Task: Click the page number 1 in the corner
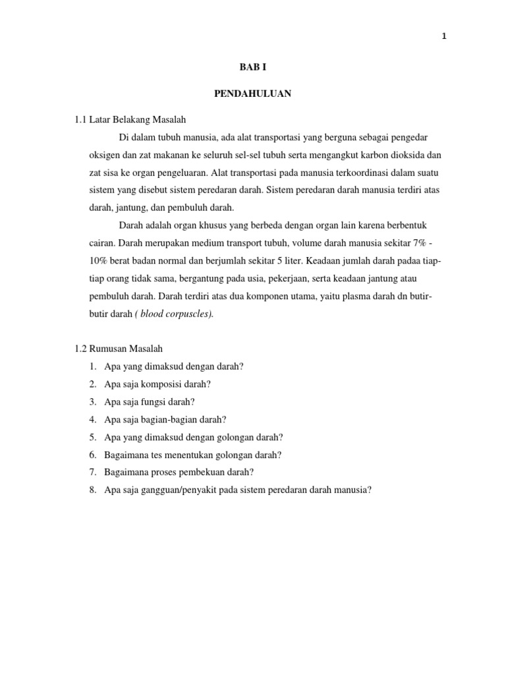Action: click(444, 37)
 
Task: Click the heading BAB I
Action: click(252, 67)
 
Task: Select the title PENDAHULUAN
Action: click(252, 94)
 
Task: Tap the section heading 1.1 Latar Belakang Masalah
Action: click(130, 119)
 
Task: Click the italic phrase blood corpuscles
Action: click(176, 314)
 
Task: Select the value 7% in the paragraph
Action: click(420, 243)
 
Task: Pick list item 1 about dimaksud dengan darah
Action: click(174, 366)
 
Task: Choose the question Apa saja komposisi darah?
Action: click(157, 384)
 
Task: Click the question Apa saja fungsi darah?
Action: click(150, 401)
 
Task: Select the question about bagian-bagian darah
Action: click(165, 419)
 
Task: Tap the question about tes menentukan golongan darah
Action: click(193, 455)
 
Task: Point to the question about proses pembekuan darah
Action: click(179, 473)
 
